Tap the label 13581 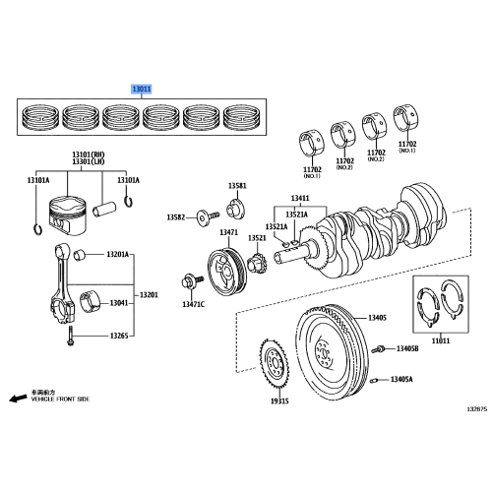click(x=237, y=186)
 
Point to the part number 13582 click(x=175, y=216)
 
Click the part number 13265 click(x=118, y=336)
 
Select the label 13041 click(x=118, y=304)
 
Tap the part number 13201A click(x=117, y=256)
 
